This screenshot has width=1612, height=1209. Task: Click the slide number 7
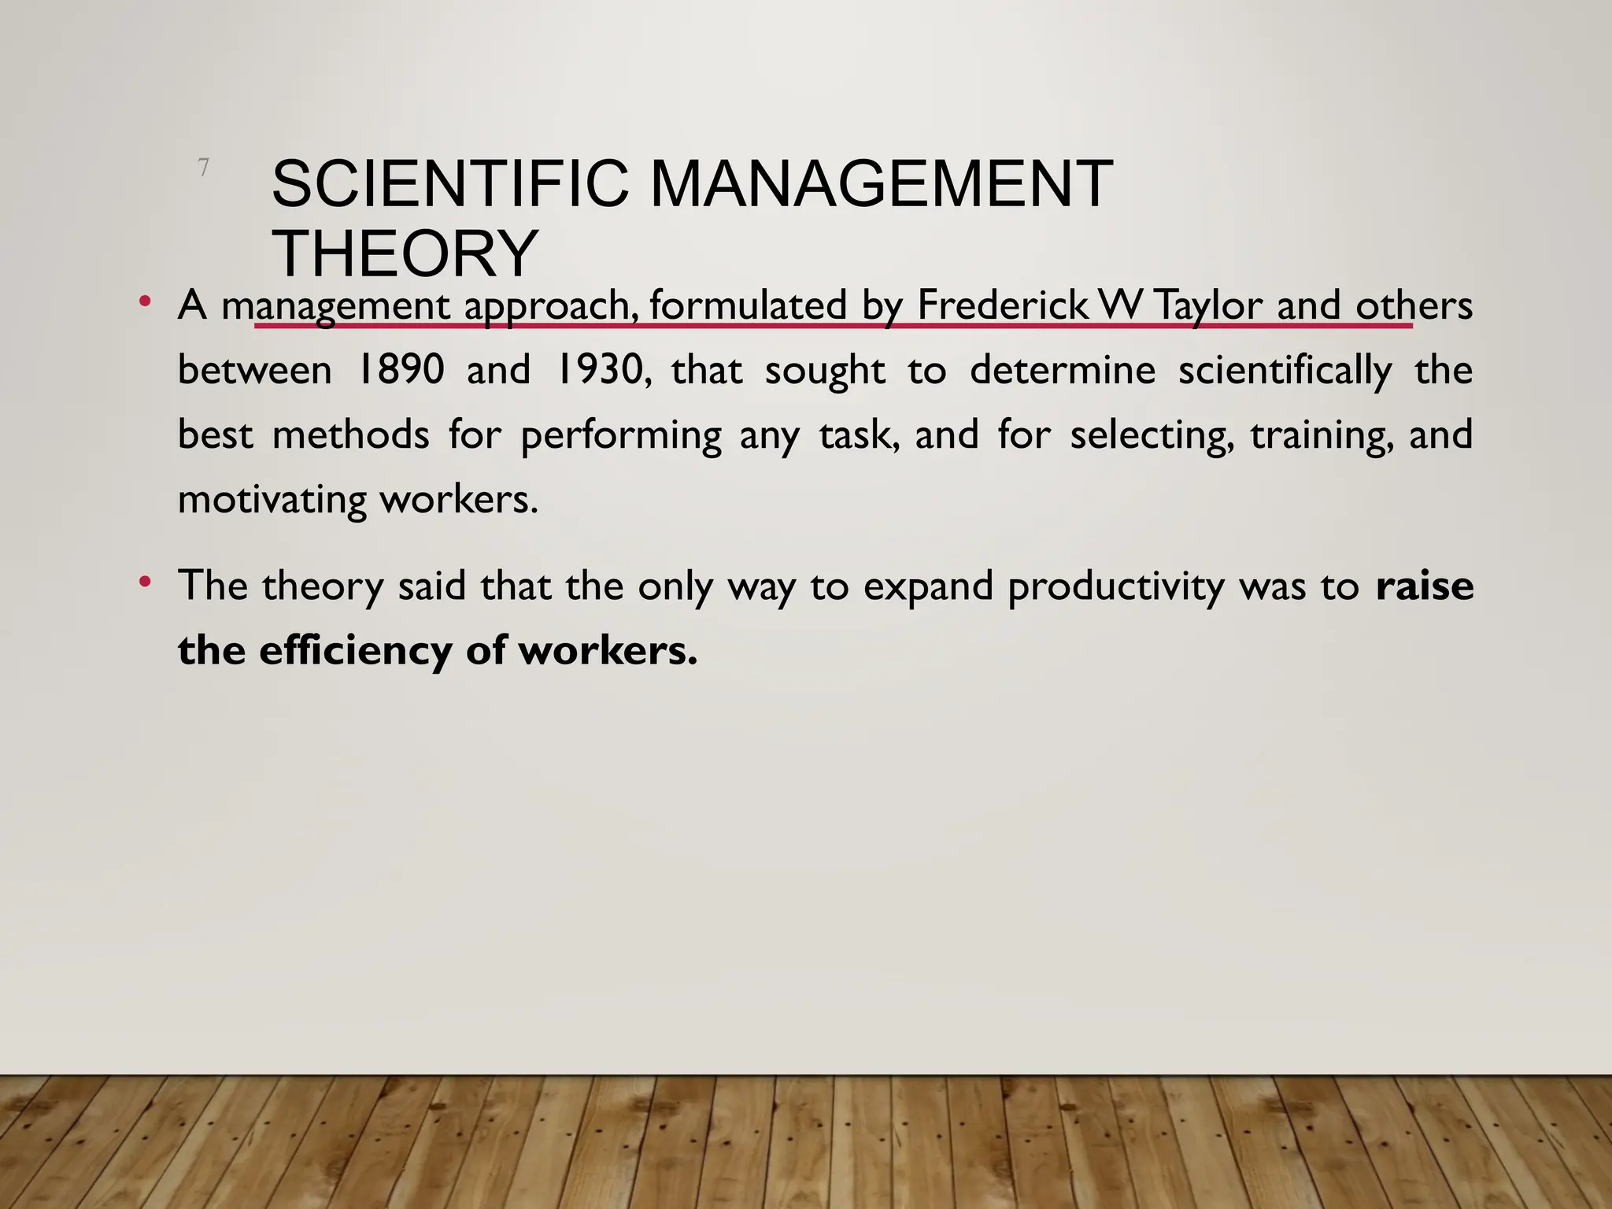point(203,167)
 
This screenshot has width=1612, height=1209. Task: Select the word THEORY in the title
point(405,253)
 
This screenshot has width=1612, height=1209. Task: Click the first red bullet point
point(144,301)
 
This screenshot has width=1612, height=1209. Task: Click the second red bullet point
point(144,582)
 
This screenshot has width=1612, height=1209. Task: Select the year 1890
point(401,369)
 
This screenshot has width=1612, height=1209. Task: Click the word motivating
point(272,500)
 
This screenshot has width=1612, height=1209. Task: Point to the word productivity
point(1115,587)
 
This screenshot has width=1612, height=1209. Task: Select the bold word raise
point(1424,586)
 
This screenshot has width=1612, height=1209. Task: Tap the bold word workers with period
point(608,650)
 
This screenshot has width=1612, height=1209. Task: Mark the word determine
point(1062,370)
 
